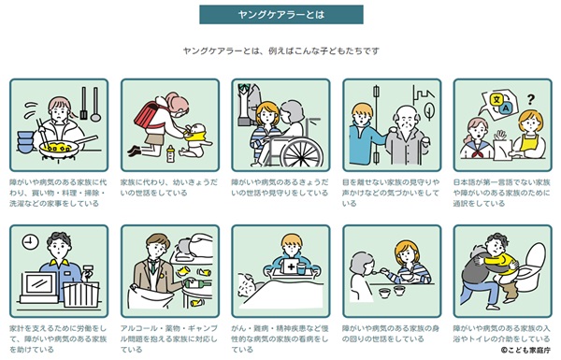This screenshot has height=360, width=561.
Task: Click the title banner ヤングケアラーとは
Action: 281,15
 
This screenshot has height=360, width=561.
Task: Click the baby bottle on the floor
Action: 171,154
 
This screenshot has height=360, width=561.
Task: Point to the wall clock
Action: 30,242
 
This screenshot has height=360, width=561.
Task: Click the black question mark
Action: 531,99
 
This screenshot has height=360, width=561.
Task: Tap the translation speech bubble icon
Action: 499,103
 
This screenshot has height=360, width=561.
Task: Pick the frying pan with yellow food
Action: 65,146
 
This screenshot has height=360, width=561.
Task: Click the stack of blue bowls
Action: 25,142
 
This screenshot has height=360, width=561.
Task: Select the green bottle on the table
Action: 197,284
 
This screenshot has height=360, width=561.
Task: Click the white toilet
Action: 532,266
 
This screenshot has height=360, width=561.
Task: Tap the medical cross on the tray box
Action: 291,266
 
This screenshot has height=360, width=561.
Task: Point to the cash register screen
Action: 40,286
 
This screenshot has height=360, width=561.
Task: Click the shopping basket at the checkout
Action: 81,295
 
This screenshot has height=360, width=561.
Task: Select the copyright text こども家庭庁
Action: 525,351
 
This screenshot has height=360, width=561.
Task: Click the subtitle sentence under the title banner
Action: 280,50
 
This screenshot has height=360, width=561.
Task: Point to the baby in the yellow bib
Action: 194,139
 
